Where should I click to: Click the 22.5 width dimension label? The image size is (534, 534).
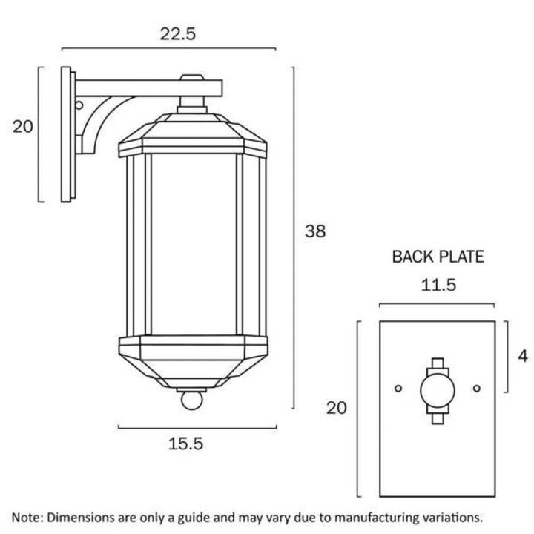[178, 33]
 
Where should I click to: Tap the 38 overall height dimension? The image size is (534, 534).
[315, 231]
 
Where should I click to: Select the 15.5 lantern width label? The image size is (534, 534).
[185, 444]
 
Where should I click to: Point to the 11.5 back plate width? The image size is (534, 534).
[438, 285]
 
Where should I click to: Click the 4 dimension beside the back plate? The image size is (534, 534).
[522, 356]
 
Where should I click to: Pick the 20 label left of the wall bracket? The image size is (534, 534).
[23, 127]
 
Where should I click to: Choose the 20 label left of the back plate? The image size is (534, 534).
[337, 408]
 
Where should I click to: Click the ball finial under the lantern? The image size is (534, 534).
[192, 400]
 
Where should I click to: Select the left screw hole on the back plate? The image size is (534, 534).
[398, 388]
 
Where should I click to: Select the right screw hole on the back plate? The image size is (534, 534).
[477, 388]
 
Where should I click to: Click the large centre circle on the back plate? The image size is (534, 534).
[438, 391]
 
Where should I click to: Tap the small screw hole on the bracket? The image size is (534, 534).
[79, 105]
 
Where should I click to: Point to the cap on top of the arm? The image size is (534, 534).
[192, 77]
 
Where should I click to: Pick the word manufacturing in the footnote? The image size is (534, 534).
[372, 518]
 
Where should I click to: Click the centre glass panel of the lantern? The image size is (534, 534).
[194, 244]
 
